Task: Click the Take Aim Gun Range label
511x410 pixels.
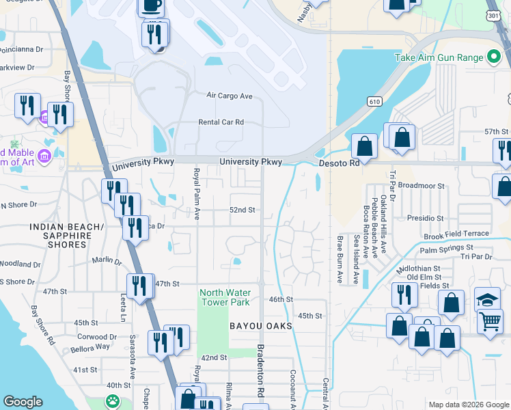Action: [x=439, y=57]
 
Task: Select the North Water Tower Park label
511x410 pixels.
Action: [x=225, y=297]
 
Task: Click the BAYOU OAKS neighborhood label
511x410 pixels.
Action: [x=261, y=326]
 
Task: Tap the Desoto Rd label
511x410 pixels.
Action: [x=339, y=164]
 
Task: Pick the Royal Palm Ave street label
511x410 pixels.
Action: [x=196, y=195]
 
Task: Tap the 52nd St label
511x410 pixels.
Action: [x=242, y=210]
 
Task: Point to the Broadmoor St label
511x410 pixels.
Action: [x=422, y=185]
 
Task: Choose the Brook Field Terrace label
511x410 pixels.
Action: [x=456, y=234]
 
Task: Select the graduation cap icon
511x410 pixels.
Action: [x=487, y=299]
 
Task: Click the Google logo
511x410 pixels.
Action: [x=23, y=402]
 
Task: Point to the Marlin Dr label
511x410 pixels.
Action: [x=108, y=261]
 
